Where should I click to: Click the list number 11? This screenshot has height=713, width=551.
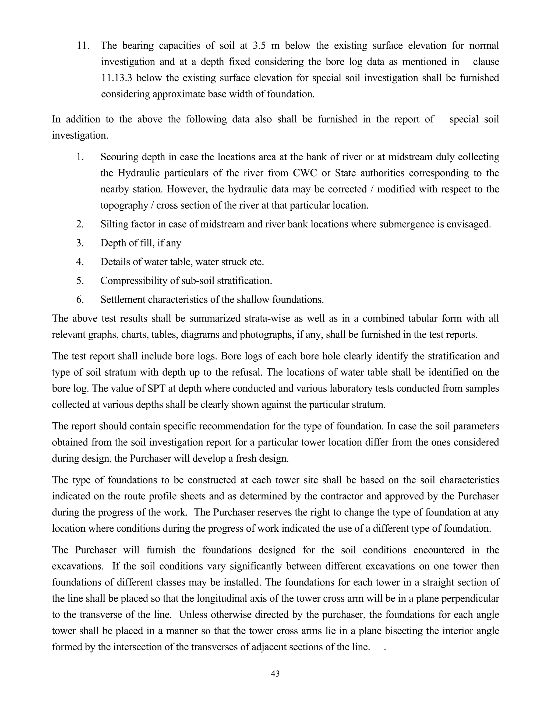pyautogui.click(x=83, y=45)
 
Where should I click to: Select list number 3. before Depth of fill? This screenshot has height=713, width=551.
pyautogui.click(x=80, y=243)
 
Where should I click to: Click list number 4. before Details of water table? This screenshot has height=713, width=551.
pyautogui.click(x=80, y=262)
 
